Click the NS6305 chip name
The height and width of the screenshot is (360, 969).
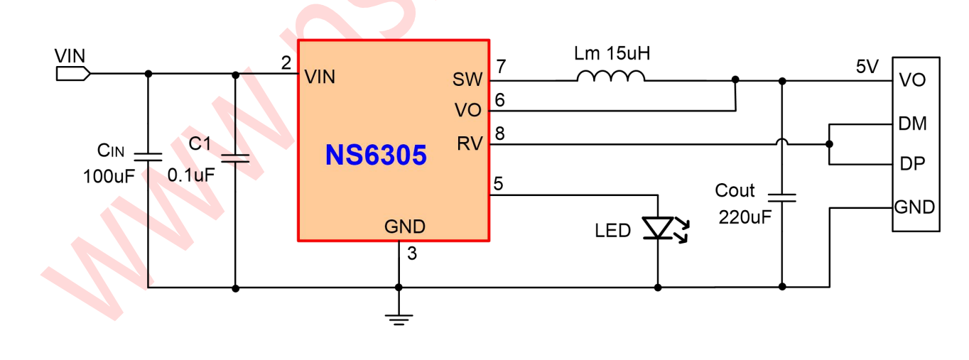click(x=376, y=155)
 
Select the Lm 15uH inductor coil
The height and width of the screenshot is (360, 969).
click(x=611, y=76)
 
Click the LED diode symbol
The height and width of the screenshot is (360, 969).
click(x=658, y=228)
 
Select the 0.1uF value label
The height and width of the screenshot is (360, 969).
click(x=190, y=175)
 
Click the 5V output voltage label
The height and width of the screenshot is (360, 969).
click(x=867, y=67)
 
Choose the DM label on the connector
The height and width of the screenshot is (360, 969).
click(x=912, y=124)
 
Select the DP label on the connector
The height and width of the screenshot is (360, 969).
click(x=912, y=164)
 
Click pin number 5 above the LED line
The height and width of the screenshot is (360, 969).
click(x=499, y=184)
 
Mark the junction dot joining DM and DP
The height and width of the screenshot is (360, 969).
click(x=829, y=144)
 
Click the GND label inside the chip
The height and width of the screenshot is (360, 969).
click(x=405, y=227)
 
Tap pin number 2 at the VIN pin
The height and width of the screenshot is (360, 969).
click(x=286, y=63)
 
